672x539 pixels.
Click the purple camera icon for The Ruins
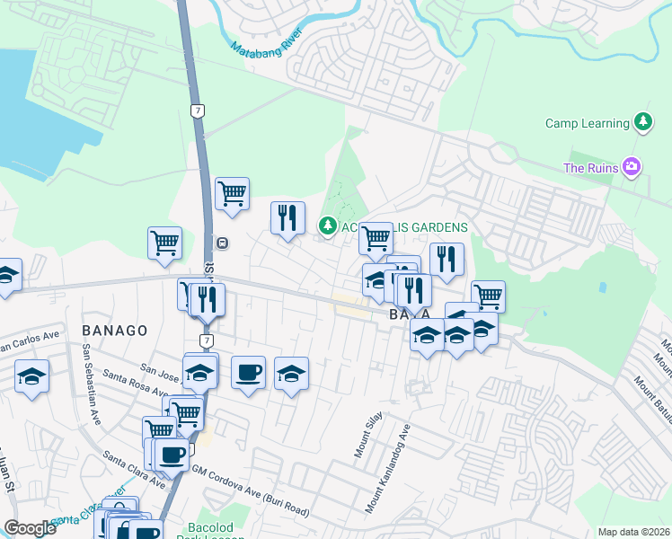(x=633, y=167)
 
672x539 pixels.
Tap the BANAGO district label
(x=114, y=331)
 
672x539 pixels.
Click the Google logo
(x=30, y=528)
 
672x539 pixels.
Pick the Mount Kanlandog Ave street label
(x=388, y=468)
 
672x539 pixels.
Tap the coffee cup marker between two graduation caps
(x=248, y=372)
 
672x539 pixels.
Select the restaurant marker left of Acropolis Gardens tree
(x=287, y=217)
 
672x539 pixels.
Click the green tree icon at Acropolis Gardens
(x=327, y=225)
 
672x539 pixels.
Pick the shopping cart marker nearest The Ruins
(x=488, y=295)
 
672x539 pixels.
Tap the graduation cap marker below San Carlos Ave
(x=31, y=376)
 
